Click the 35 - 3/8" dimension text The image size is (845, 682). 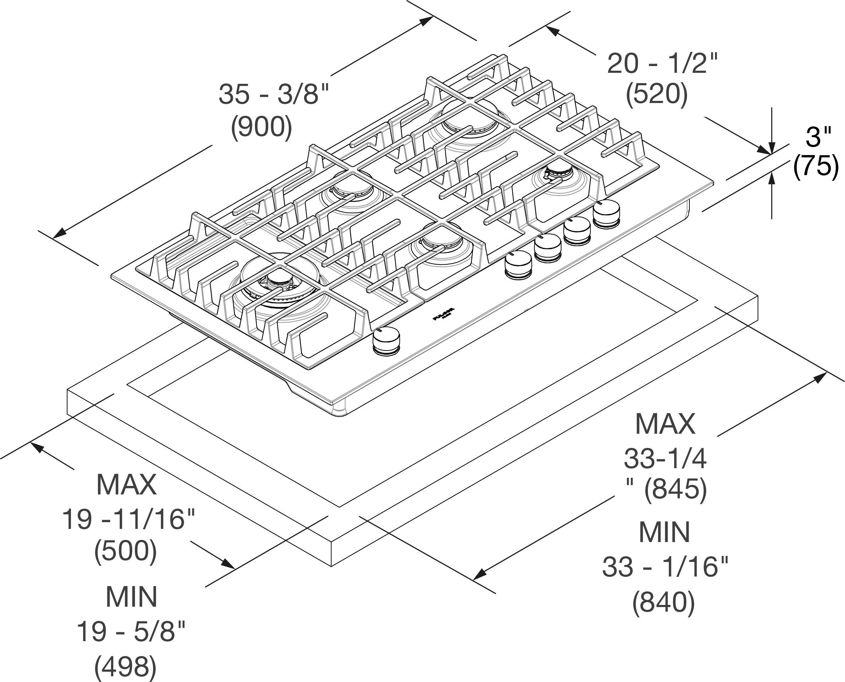coord(273,94)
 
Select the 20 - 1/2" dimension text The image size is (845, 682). coord(662,64)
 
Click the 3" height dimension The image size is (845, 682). coord(818,137)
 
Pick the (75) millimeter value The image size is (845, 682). coord(816,166)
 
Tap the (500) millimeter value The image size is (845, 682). coord(125,551)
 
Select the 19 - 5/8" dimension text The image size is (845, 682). coord(131,632)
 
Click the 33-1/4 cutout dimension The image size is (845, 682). coord(665,459)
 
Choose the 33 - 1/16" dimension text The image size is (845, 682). coord(665,567)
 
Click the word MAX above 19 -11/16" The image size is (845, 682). coord(126,485)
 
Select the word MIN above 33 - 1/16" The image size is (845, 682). coord(664,532)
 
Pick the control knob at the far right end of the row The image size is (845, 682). coord(606,213)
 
